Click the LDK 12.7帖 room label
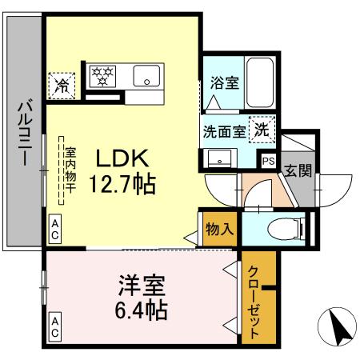122,171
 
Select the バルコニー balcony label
24,133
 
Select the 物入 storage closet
219,228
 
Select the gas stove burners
102,76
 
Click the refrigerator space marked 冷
60,84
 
